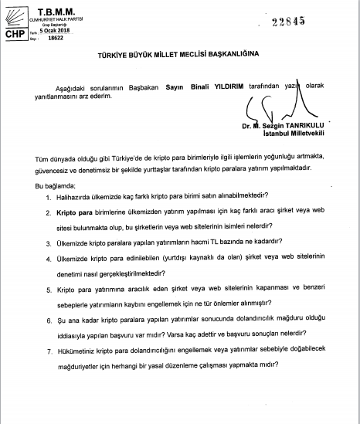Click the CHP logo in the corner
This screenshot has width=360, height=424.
click(14, 29)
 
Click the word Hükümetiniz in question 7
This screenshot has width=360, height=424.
click(78, 344)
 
